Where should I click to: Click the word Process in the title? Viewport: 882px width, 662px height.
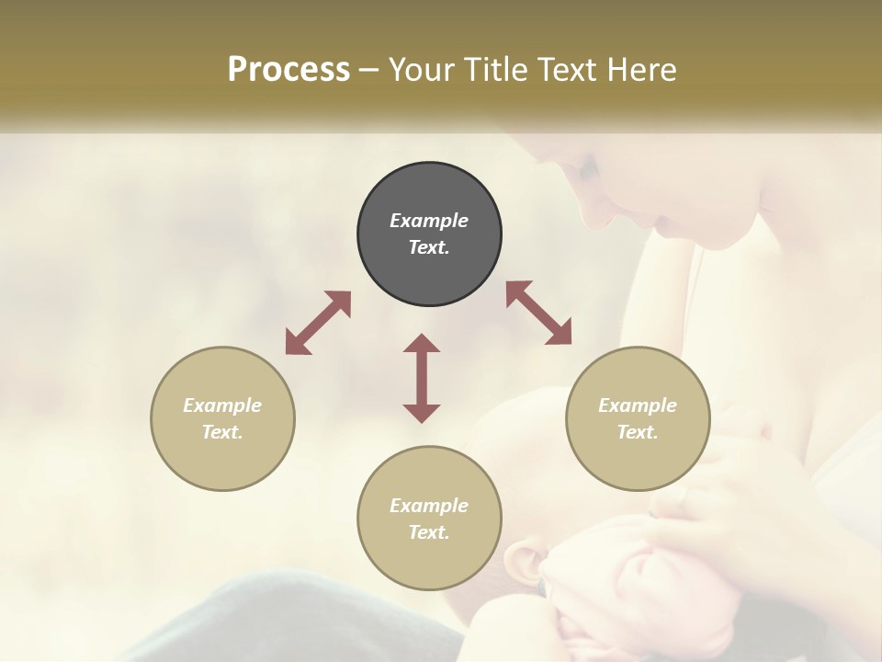click(x=288, y=70)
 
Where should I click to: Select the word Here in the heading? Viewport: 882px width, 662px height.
click(x=641, y=70)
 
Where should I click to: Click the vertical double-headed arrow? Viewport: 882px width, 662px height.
click(x=422, y=378)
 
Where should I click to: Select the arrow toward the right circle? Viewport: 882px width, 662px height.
click(x=538, y=313)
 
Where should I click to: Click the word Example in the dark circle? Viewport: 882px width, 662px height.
click(x=429, y=221)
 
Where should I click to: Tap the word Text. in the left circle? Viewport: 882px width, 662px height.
click(x=222, y=432)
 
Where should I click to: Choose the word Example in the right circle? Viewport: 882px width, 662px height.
click(x=638, y=405)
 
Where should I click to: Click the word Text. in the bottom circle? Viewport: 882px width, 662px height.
click(x=429, y=532)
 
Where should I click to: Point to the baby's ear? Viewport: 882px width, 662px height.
click(x=525, y=564)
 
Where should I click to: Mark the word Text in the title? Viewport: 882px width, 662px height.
click(x=566, y=70)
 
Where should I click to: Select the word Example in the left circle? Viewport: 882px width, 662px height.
click(x=222, y=405)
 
